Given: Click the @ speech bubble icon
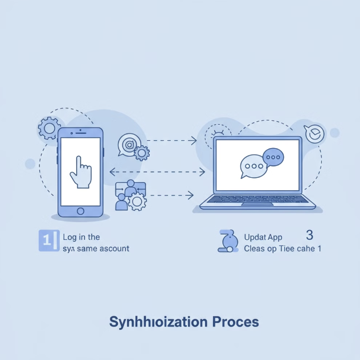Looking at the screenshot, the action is [x=128, y=145].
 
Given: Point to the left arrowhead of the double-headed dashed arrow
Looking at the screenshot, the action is [x=111, y=171].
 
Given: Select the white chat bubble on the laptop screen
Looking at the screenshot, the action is [x=252, y=166].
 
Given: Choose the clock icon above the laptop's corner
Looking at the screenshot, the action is [x=314, y=134].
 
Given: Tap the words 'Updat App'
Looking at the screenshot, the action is [x=263, y=236].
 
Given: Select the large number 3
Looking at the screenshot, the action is [x=309, y=235].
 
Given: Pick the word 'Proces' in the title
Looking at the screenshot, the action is [x=235, y=322].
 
